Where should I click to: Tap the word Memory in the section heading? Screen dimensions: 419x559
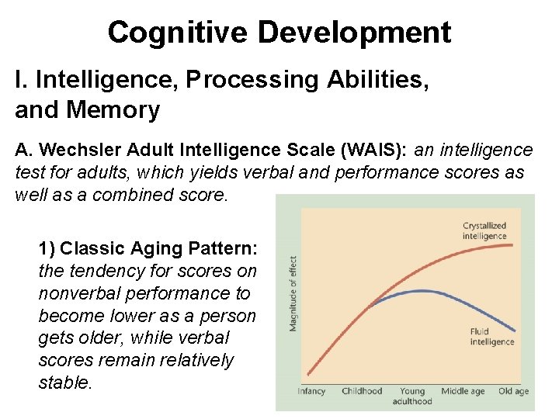click(113, 109)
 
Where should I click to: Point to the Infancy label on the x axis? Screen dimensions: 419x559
click(311, 391)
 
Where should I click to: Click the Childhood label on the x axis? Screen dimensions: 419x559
click(362, 391)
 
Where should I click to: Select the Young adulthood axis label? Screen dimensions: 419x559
click(412, 396)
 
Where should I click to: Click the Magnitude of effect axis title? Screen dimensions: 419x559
click(293, 294)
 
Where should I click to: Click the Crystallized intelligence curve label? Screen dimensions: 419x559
click(484, 230)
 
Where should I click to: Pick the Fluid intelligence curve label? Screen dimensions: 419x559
click(491, 337)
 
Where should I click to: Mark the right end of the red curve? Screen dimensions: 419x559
click(516, 244)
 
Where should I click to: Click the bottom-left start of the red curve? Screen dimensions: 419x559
click(308, 375)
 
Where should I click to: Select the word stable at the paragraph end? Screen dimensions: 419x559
click(64, 383)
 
